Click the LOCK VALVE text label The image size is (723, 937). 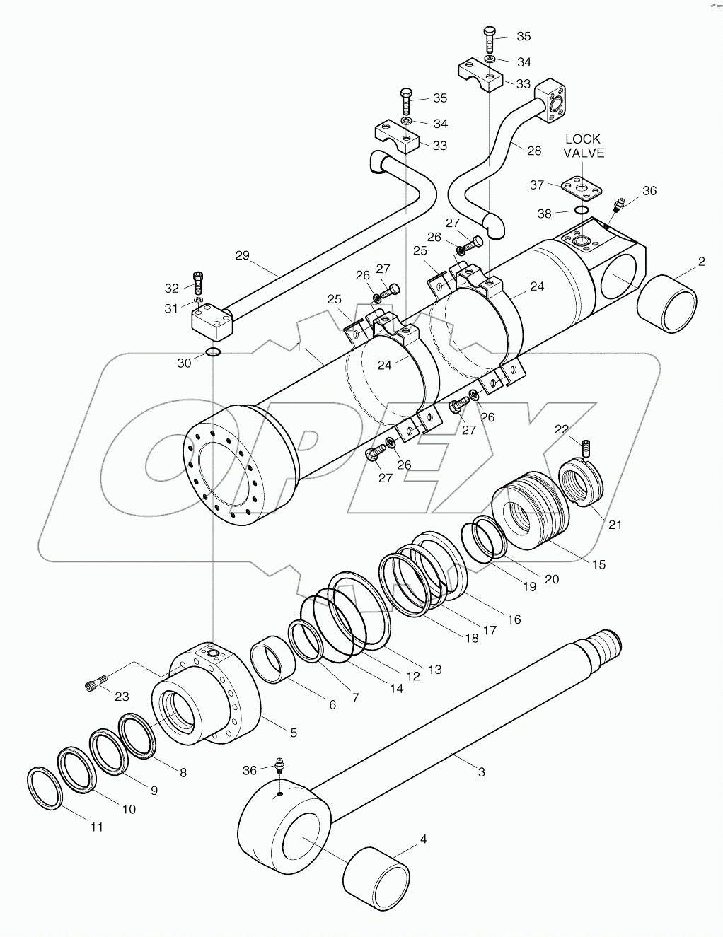(x=584, y=146)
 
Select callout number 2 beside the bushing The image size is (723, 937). (x=701, y=262)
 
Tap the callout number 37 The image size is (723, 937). (x=537, y=185)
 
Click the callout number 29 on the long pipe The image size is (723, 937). (x=243, y=255)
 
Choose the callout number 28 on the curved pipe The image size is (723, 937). (x=533, y=150)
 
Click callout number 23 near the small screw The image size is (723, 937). (x=122, y=696)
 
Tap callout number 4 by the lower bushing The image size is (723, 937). (x=423, y=839)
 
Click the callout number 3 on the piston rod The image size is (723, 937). (x=481, y=772)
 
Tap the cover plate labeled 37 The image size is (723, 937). (x=582, y=186)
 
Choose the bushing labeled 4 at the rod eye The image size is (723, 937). (x=376, y=868)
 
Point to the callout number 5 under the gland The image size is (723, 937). (x=293, y=733)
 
